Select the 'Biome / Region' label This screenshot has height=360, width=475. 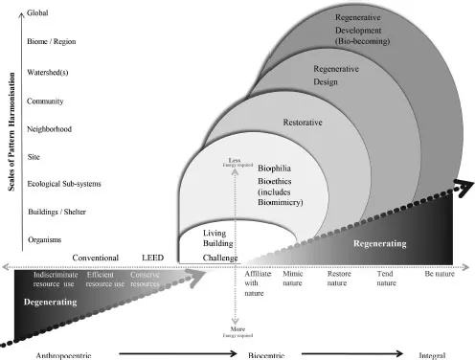click(x=55, y=41)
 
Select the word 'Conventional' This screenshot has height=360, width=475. click(x=96, y=259)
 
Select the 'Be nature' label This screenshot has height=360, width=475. click(x=433, y=274)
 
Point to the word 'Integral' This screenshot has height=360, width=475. click(x=433, y=354)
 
